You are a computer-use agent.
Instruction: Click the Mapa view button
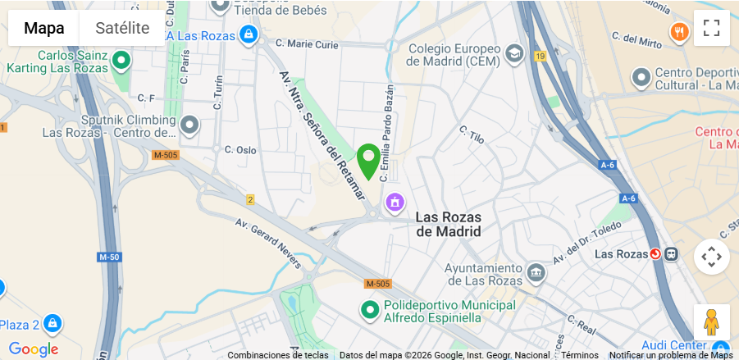(43, 28)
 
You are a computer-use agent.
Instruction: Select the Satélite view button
(122, 28)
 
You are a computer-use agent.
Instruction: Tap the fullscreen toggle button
(711, 28)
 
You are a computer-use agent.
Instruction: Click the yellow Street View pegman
(711, 321)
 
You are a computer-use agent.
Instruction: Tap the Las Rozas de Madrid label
(448, 224)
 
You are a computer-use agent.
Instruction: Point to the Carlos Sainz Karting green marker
(122, 60)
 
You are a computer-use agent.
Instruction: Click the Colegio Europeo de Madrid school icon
(514, 54)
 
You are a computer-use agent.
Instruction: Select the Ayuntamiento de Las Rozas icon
(536, 271)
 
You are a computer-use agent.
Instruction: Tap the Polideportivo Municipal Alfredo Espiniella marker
(370, 309)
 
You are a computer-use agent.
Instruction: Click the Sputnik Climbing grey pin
(190, 125)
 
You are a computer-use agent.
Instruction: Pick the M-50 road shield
(108, 257)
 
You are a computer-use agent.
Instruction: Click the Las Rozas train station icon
(655, 253)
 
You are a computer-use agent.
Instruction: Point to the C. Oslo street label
(240, 150)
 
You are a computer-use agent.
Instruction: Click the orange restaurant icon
(679, 33)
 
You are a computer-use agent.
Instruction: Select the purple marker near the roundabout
(395, 201)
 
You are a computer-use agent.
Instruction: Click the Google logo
(33, 349)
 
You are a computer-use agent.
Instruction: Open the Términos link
(580, 355)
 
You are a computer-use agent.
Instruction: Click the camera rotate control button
(711, 257)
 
